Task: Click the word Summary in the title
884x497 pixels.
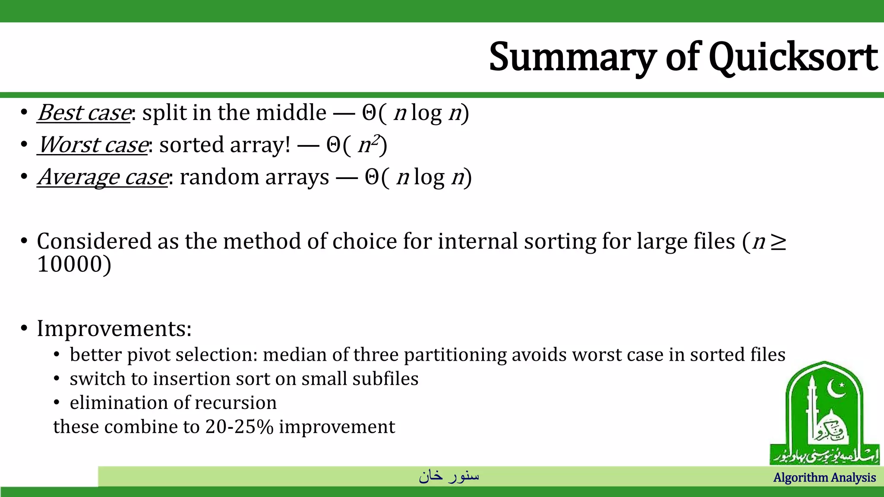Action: click(x=572, y=57)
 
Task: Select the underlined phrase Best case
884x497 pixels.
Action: click(x=84, y=113)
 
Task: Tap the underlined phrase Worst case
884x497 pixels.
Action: click(x=93, y=145)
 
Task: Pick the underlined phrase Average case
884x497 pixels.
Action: click(x=103, y=177)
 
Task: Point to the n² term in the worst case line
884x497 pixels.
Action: click(x=369, y=145)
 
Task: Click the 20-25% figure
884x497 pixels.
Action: click(x=239, y=427)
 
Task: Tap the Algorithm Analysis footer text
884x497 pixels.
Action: click(x=824, y=478)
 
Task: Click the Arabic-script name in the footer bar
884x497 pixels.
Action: click(x=448, y=476)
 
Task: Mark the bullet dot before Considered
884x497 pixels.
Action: click(x=24, y=241)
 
